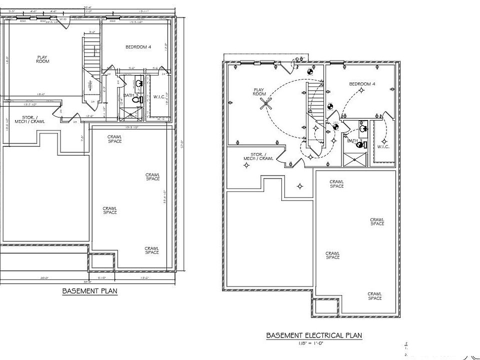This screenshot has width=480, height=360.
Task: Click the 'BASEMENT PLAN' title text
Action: [89, 290]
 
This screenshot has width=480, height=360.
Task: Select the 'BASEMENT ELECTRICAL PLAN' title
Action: [313, 335]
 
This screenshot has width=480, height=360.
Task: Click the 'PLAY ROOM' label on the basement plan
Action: [42, 59]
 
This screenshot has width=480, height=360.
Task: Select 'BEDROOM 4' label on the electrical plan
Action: [362, 84]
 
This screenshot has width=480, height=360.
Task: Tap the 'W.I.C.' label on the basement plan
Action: [159, 96]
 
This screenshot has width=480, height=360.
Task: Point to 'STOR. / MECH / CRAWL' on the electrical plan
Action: [258, 156]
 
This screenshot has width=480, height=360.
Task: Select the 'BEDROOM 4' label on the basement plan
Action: [138, 46]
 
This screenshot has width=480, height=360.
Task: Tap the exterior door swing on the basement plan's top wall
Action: [63, 23]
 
